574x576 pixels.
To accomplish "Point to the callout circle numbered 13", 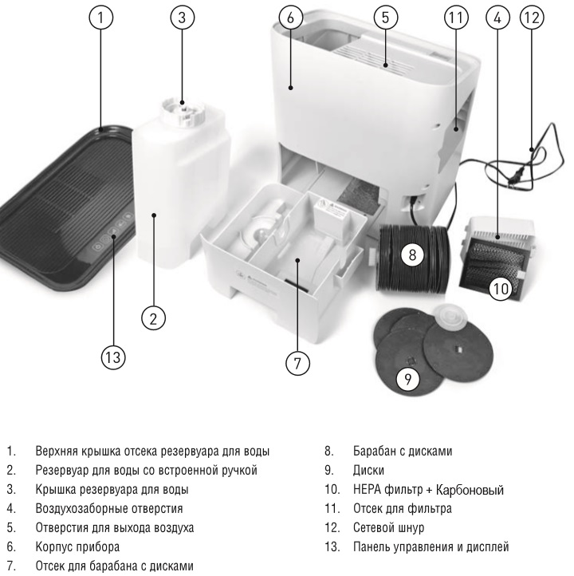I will pos(112,357).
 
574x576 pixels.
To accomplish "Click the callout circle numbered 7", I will pos(297,362).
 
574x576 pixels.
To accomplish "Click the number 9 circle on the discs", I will pos(409,380).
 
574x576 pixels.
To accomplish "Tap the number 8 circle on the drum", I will pos(411,255).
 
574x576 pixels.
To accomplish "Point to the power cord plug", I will pos(517,180).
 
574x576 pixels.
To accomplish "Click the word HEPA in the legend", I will pos(368,489).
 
